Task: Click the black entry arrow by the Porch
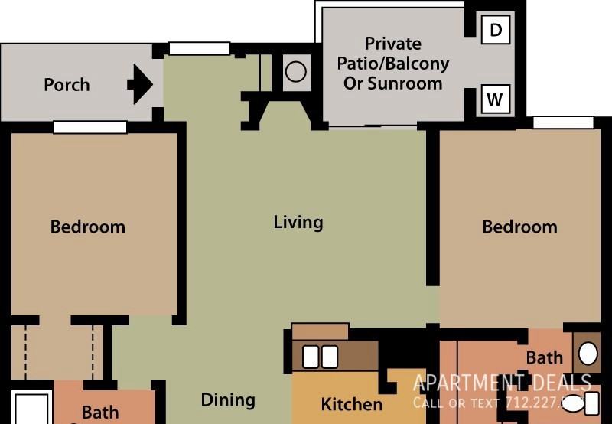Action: point(140,84)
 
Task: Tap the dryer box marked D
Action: point(496,30)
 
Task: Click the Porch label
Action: point(67,85)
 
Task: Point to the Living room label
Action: point(298,223)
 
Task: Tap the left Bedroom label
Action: point(87,227)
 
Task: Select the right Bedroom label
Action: point(519,227)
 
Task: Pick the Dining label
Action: point(227,400)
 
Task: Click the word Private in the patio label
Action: point(392,44)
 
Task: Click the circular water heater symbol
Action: point(295,72)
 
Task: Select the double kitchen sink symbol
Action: point(320,357)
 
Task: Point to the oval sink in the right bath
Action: point(588,354)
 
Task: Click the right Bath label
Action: point(544,357)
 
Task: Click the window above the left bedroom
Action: point(90,128)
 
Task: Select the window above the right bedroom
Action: point(563,122)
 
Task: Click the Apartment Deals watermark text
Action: point(502,383)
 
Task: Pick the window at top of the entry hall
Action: point(199,48)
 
